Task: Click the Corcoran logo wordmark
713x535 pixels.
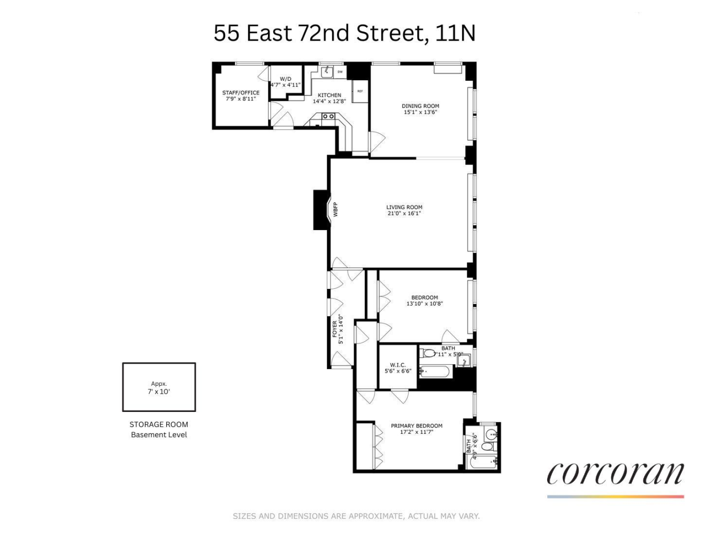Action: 615,473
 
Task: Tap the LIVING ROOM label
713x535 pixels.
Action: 404,207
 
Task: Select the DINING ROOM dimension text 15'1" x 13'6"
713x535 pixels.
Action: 421,112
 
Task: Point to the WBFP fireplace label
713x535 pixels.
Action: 336,209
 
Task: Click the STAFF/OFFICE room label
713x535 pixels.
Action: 241,93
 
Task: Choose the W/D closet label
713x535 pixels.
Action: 286,79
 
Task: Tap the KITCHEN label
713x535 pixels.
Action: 329,95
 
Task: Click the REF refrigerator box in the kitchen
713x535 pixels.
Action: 360,91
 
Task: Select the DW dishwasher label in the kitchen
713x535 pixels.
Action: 340,71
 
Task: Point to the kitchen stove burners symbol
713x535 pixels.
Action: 328,116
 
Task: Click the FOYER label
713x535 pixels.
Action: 335,329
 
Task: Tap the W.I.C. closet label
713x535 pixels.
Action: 397,365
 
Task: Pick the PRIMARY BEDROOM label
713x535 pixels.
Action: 416,426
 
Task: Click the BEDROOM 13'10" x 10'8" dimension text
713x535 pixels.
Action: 424,304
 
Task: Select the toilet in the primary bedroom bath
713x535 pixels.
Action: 487,446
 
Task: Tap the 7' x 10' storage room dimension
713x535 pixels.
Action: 159,392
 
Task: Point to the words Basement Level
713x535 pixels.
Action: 159,434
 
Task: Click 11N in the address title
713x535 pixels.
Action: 455,33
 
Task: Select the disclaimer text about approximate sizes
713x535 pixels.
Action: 356,516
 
